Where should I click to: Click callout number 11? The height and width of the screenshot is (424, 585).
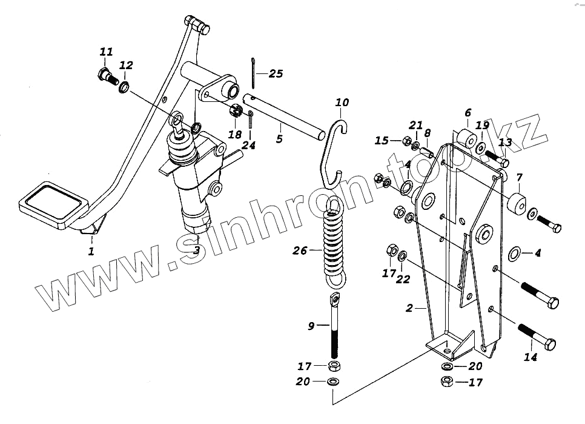coord(106,53)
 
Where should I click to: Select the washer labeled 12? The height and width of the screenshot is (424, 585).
coord(124,88)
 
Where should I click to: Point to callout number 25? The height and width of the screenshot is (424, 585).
coord(276,74)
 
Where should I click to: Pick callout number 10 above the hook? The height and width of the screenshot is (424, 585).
coord(342,103)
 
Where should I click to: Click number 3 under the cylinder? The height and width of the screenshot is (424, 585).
coord(197,250)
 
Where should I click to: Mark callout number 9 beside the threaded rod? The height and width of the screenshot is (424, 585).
coord(311,326)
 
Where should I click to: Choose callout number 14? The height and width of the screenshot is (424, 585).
coord(530,357)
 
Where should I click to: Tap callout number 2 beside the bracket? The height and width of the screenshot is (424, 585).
coord(409,309)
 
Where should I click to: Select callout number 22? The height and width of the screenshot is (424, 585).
coord(403,279)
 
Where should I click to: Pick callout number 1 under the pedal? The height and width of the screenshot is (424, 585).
coord(91,251)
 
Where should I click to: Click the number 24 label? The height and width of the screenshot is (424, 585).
coord(248,145)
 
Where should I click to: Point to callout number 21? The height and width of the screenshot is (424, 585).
coord(415,125)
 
